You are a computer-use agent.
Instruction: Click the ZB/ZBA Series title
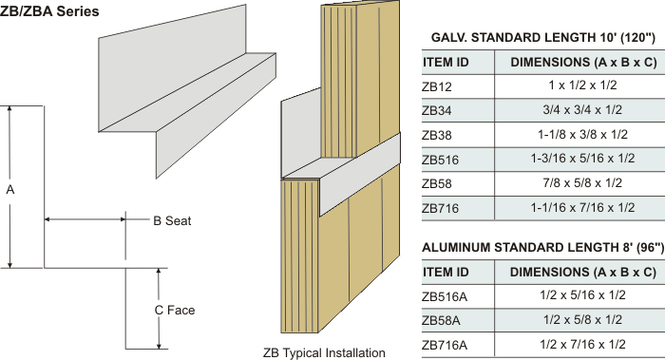coord(49,11)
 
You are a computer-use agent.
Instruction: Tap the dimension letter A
coord(10,190)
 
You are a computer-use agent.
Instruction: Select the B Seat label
coord(172,221)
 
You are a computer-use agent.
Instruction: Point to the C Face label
coord(174,310)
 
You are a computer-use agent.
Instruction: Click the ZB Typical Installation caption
coord(324,352)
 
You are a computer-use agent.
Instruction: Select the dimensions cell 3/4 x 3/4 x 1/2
coord(582,110)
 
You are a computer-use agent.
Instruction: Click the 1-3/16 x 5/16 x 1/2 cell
coord(582,159)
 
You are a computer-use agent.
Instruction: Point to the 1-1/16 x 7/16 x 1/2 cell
coord(582,207)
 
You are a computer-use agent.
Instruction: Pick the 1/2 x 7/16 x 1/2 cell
coord(582,344)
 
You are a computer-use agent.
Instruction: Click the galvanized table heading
coord(543,38)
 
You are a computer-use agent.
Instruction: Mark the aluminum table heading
coord(542,247)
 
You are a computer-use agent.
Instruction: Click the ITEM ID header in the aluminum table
coord(446,272)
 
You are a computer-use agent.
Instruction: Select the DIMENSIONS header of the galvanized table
coord(583,63)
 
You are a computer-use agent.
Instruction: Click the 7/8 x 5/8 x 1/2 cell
coord(582,182)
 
